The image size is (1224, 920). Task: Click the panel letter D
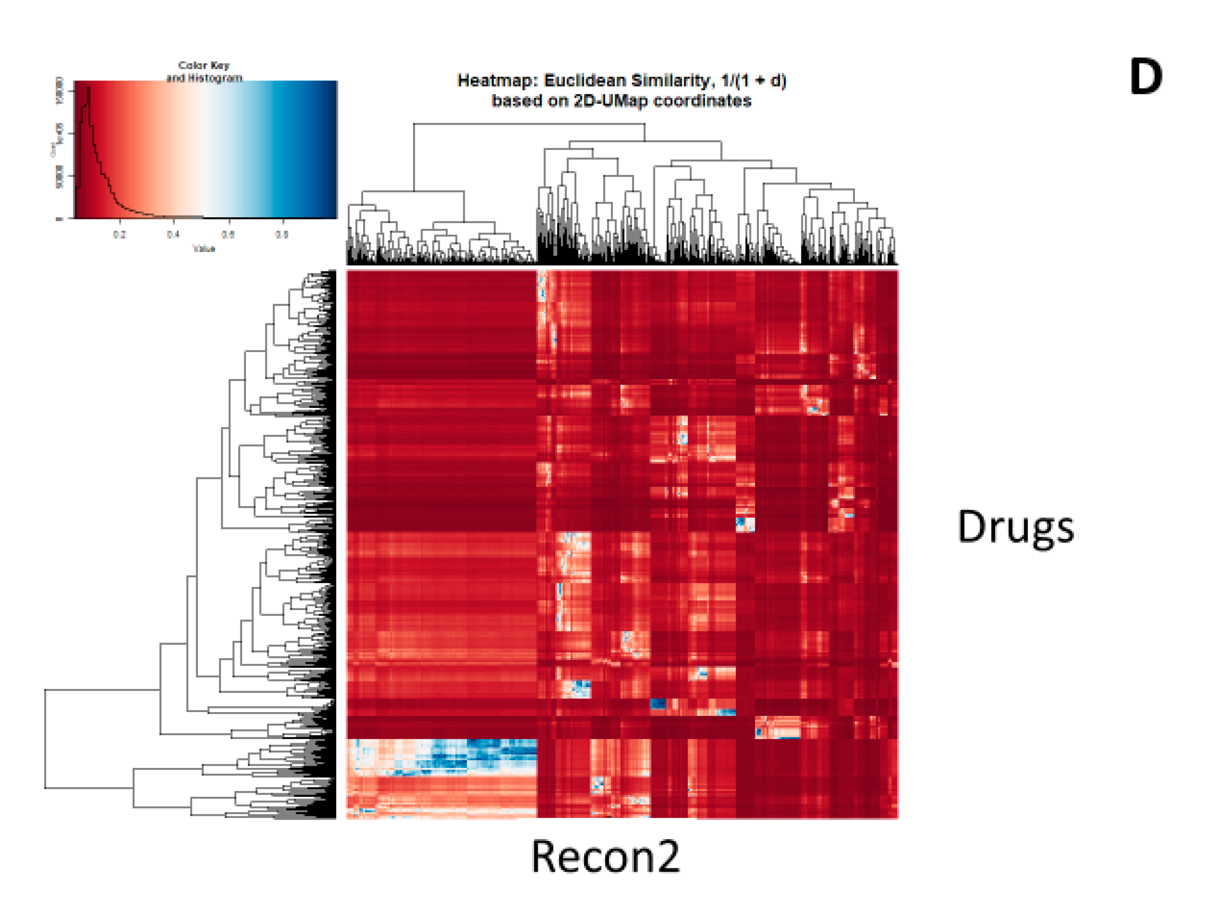[1146, 77]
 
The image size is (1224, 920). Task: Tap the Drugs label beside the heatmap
[1015, 527]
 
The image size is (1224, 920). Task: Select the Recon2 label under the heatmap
[605, 856]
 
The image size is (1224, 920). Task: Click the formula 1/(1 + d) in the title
[754, 81]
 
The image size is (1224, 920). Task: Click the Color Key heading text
[204, 65]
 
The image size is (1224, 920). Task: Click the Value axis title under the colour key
[204, 248]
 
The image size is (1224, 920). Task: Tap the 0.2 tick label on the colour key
[119, 235]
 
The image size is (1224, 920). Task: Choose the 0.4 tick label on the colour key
[173, 235]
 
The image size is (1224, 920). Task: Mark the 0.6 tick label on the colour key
[227, 235]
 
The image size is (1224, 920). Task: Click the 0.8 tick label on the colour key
[282, 235]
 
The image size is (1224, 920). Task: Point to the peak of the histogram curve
[88, 87]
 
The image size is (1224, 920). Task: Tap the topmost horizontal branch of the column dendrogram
[528, 124]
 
